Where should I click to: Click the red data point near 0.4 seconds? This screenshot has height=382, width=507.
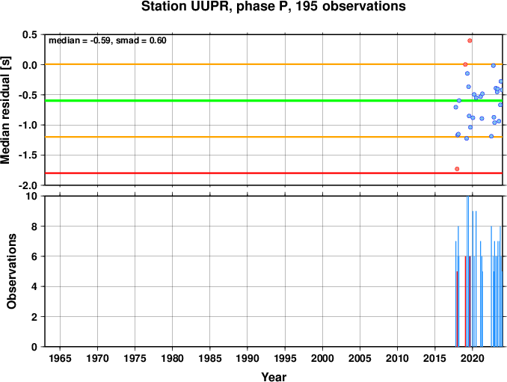(x=470, y=40)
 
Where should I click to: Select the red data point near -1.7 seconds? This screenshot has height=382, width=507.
(x=457, y=169)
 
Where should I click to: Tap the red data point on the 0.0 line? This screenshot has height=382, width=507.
(x=465, y=64)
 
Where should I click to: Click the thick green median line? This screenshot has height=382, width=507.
(x=274, y=100)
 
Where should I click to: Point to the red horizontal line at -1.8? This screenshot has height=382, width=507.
(x=274, y=173)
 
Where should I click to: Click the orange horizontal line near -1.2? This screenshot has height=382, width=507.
(x=274, y=137)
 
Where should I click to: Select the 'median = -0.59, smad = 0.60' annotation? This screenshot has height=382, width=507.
(x=108, y=40)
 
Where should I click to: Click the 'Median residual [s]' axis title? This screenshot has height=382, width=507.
(x=5, y=111)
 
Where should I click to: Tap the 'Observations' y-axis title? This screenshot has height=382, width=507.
(x=12, y=271)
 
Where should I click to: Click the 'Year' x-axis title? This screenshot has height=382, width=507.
(x=274, y=377)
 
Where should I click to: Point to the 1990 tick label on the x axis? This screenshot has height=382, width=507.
(x=248, y=358)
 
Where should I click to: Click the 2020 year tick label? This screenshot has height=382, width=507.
(x=473, y=358)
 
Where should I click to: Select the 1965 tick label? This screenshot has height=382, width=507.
(x=60, y=358)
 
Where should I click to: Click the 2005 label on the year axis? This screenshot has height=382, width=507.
(x=360, y=358)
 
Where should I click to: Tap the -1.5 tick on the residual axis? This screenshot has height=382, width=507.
(x=27, y=155)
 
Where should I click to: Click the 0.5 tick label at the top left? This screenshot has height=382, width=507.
(x=29, y=34)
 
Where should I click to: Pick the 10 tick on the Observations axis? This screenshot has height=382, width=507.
(x=31, y=196)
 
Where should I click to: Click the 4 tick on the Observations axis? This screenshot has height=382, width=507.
(x=34, y=286)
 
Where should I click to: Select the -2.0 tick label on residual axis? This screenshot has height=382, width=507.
(x=27, y=185)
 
